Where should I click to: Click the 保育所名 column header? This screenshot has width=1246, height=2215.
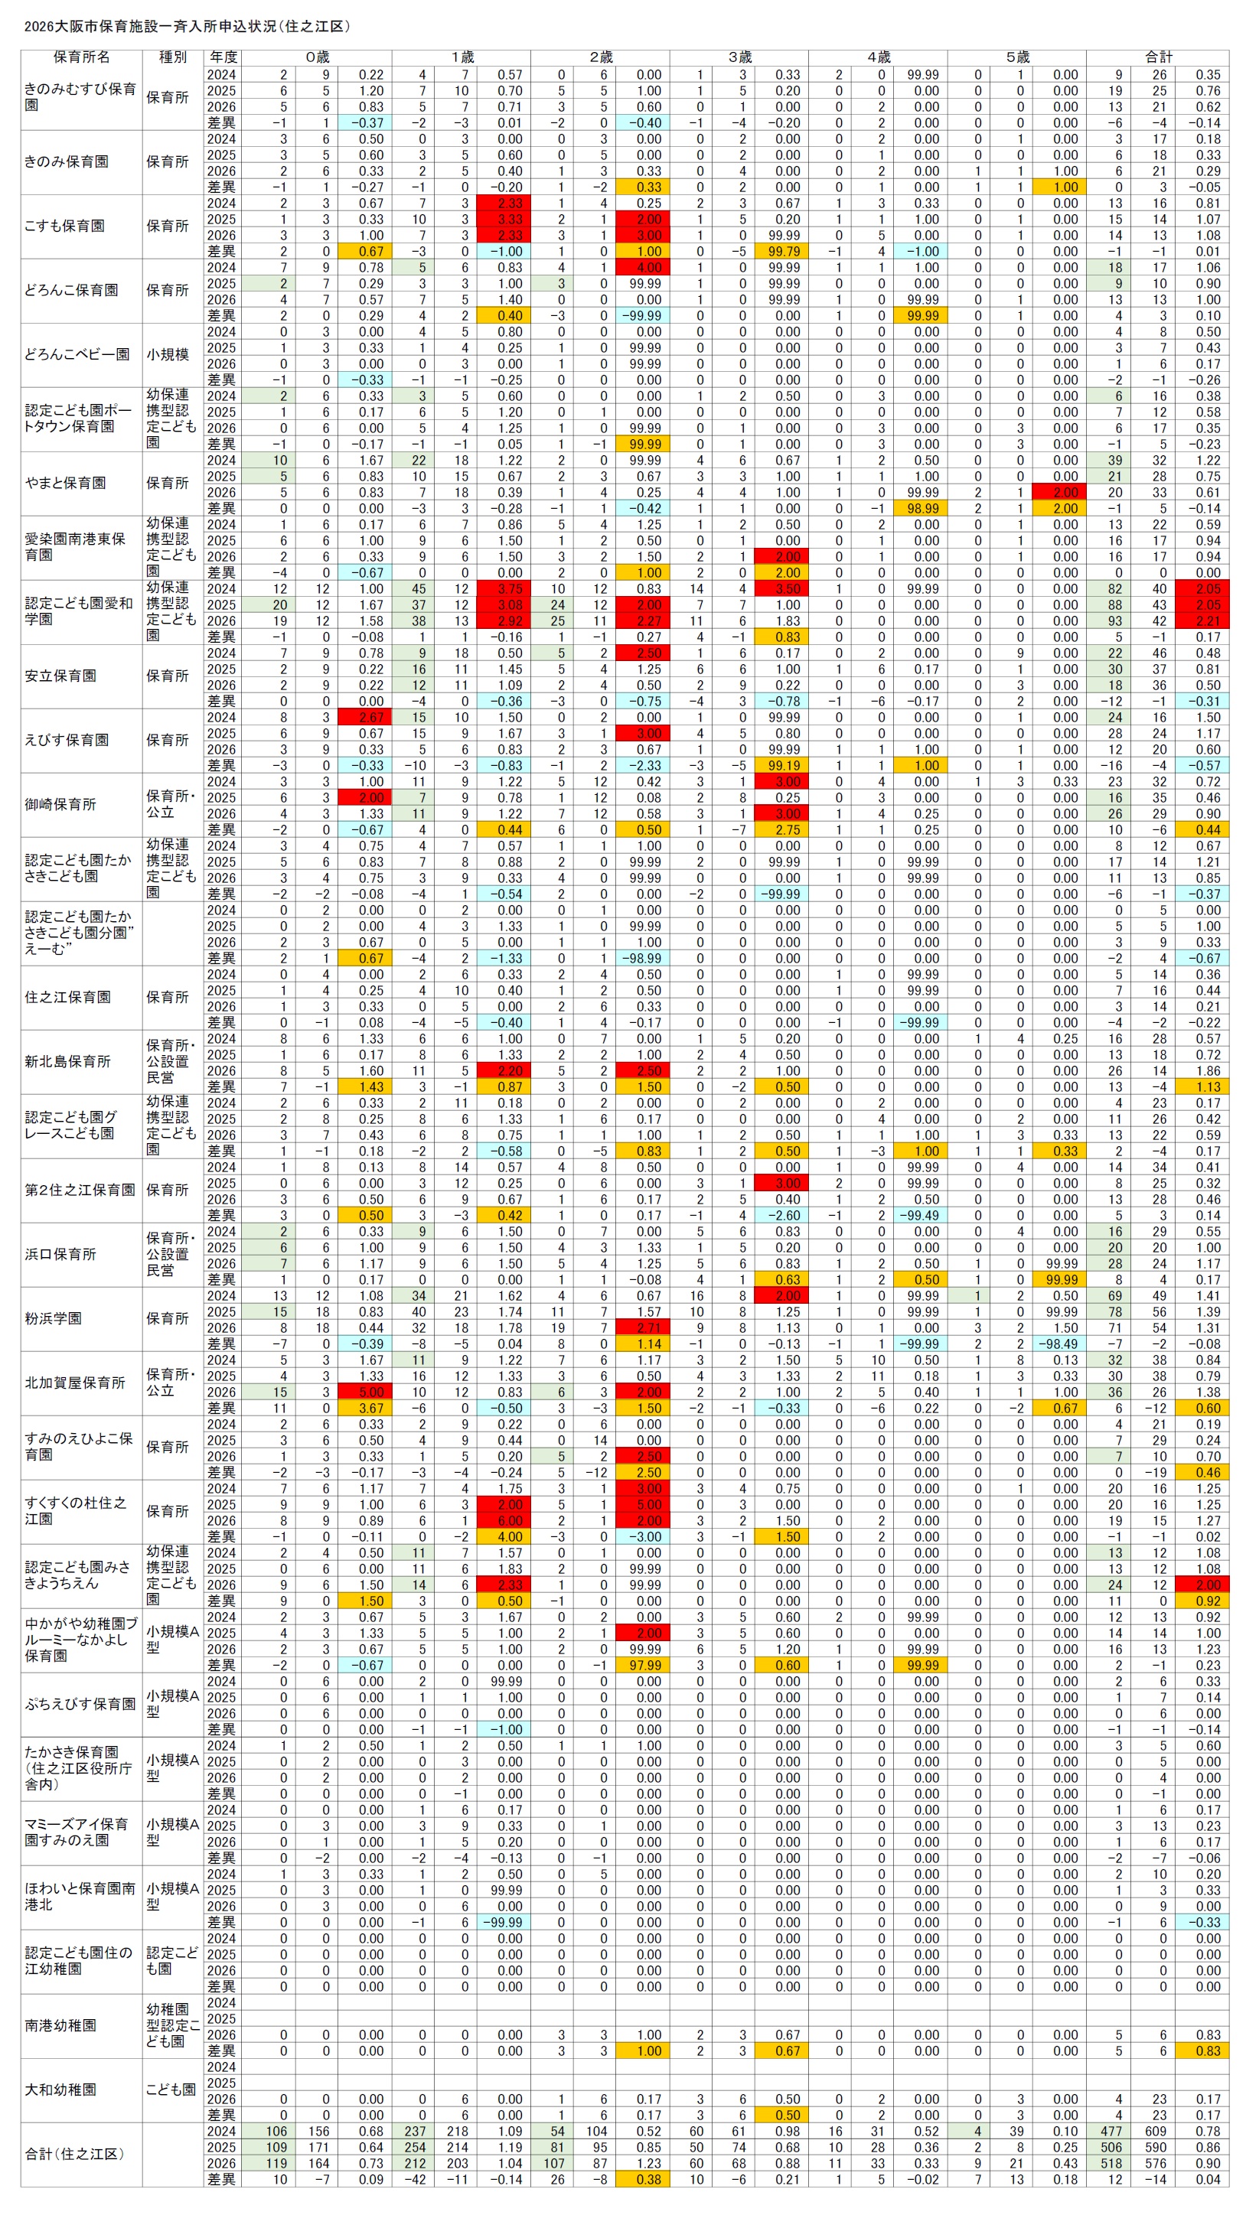click(x=82, y=57)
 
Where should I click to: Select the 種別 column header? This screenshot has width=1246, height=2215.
click(x=172, y=57)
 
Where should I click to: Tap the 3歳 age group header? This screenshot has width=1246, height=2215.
click(x=739, y=57)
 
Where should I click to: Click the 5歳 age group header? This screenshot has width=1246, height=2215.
click(x=1016, y=57)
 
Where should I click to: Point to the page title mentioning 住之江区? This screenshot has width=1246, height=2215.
click(x=187, y=27)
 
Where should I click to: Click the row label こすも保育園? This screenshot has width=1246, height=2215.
click(x=64, y=226)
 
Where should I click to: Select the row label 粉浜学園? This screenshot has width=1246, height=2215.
click(x=54, y=1319)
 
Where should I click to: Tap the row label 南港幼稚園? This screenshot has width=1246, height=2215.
click(x=60, y=2026)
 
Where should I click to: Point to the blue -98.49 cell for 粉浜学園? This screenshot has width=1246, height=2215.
click(x=1057, y=1344)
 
